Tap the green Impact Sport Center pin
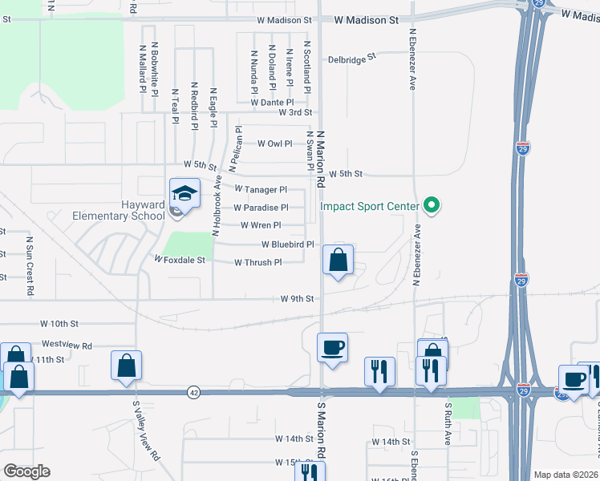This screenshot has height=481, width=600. pos(432,206)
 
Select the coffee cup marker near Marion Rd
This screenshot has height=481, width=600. pos(333,348)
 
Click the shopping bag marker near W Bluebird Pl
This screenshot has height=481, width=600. pos(339,260)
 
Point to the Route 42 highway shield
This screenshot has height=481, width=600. pos(194,392)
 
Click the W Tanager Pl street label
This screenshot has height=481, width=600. pos(261,190)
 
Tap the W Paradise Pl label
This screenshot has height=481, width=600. pos(261,208)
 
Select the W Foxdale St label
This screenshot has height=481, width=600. pos(180,260)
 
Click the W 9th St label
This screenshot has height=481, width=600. pos(297,298)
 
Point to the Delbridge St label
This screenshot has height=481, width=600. pos(352,59)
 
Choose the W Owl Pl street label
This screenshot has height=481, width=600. pos(274,143)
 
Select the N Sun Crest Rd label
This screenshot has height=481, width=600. pos(30,265)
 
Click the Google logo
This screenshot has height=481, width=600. pos(26,471)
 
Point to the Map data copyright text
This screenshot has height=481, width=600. pos(566,475)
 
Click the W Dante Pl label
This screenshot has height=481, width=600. pos(272,103)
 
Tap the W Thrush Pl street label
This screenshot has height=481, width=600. pos(258,262)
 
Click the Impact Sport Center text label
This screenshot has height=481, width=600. pos(371,206)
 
